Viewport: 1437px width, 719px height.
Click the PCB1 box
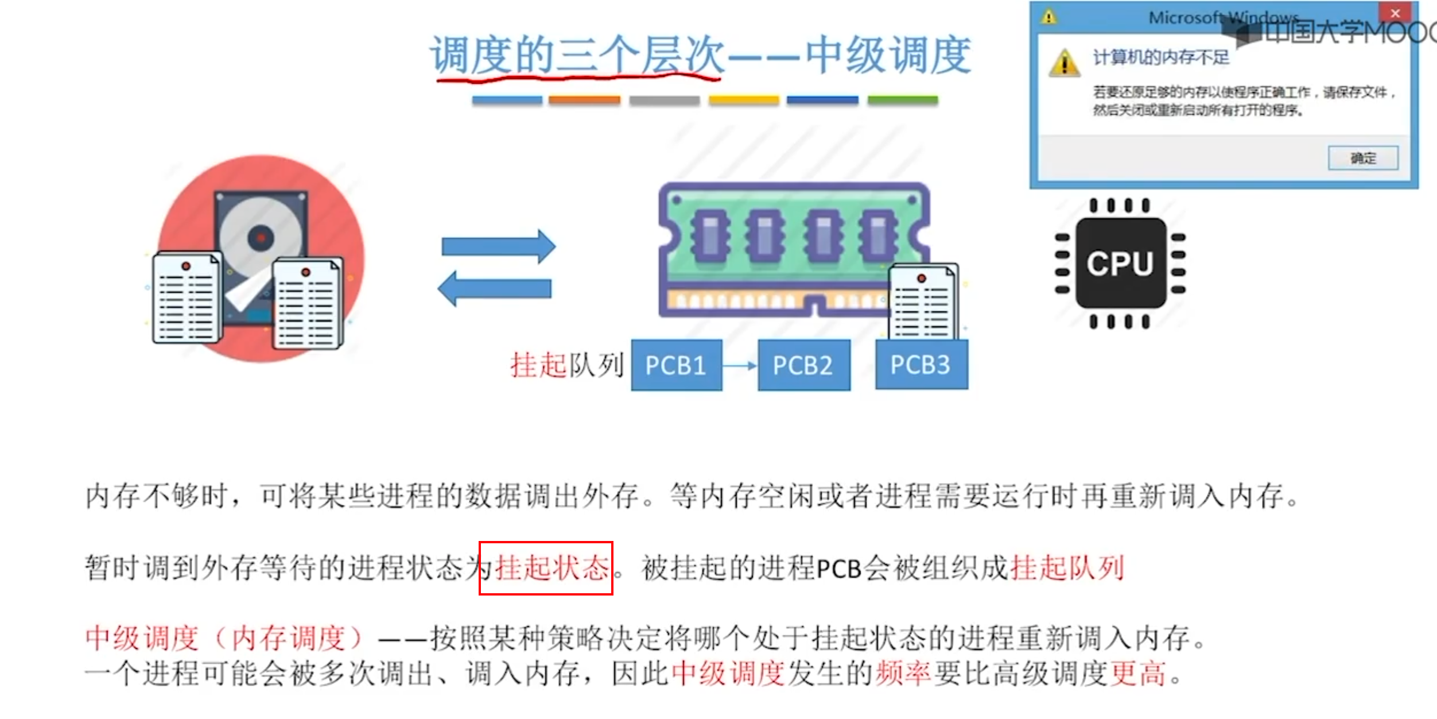click(676, 365)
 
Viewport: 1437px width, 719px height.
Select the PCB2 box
click(803, 365)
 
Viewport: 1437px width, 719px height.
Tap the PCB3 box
click(921, 365)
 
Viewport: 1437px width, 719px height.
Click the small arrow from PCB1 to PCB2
click(740, 365)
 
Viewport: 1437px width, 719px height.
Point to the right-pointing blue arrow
click(498, 246)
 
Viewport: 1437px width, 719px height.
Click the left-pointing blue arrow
click(495, 288)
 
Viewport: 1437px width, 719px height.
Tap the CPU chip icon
click(1120, 264)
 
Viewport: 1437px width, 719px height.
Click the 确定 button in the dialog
click(1362, 158)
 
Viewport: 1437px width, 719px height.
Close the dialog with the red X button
click(1395, 13)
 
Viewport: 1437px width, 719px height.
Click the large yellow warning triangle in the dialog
click(1065, 63)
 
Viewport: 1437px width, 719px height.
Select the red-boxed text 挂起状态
click(546, 568)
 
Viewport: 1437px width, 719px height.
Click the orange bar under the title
click(584, 100)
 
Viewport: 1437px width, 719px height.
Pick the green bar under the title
click(902, 100)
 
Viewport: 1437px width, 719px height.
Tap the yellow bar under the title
click(744, 100)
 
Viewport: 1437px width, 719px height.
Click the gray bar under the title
click(664, 100)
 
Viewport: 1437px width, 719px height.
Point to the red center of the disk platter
click(261, 237)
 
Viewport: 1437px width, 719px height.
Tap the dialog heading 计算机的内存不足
click(1160, 57)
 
